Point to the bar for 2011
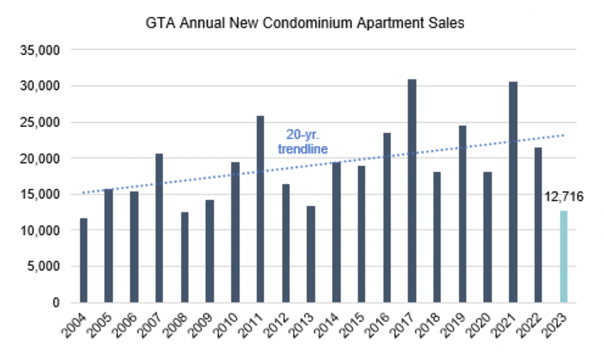(x=260, y=209)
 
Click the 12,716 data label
(x=563, y=197)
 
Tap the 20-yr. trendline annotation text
(x=301, y=141)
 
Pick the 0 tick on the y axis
(x=54, y=303)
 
